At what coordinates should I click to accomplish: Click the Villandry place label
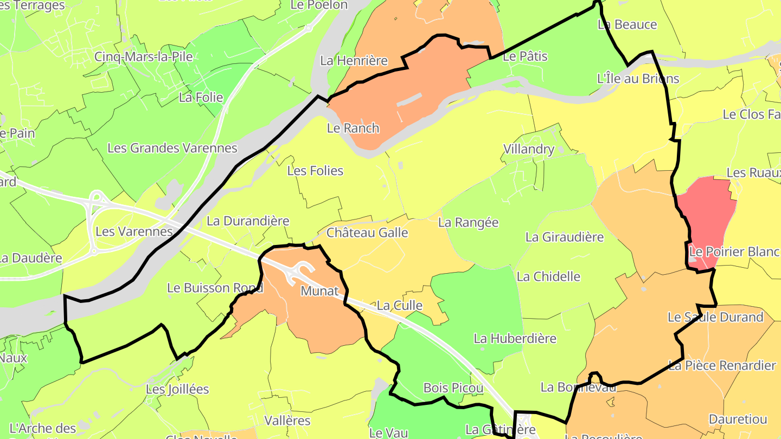click(529, 149)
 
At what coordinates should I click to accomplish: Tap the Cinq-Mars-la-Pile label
click(143, 57)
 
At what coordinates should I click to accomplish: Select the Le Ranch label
click(353, 128)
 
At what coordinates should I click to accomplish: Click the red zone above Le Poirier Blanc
click(708, 217)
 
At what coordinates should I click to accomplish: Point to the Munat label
click(319, 291)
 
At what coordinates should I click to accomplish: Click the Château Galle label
click(367, 233)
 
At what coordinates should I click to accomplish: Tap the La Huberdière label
click(515, 339)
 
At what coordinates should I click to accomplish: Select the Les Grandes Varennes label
click(172, 148)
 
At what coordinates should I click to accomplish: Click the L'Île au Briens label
click(638, 79)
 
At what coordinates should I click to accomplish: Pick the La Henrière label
click(354, 61)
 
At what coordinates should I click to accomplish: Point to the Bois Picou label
click(453, 389)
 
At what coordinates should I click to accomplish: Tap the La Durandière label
click(248, 221)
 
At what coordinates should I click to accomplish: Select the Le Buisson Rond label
click(215, 288)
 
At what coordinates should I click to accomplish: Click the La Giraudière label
click(565, 237)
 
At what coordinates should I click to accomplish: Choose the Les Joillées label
click(177, 389)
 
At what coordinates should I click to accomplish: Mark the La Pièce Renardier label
click(722, 365)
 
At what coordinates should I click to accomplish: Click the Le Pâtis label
click(526, 56)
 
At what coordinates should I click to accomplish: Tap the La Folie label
click(201, 98)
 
